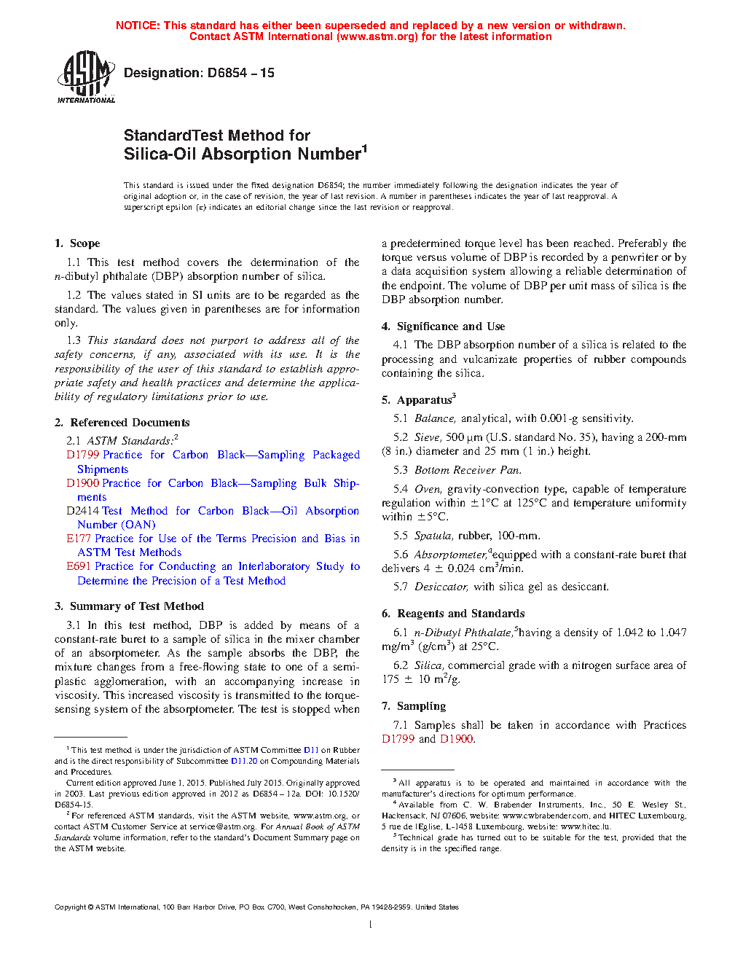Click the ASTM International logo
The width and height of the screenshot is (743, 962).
click(86, 77)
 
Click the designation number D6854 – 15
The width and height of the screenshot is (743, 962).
click(199, 73)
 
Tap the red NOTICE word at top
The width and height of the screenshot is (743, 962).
click(138, 26)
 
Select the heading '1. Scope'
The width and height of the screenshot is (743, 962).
click(77, 243)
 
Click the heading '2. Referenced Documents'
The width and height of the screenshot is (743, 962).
click(122, 423)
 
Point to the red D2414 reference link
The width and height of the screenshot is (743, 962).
click(83, 511)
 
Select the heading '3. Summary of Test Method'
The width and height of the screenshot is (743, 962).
click(129, 606)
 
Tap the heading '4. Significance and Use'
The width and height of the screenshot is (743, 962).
click(443, 326)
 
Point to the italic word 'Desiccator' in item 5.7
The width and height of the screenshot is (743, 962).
click(441, 587)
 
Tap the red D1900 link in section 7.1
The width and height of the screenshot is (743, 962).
click(456, 739)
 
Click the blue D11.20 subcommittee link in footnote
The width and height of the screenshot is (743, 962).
click(244, 761)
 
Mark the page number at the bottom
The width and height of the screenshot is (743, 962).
click(371, 925)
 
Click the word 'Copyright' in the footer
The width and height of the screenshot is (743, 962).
click(70, 907)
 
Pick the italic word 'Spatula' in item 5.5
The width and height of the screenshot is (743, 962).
click(433, 536)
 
